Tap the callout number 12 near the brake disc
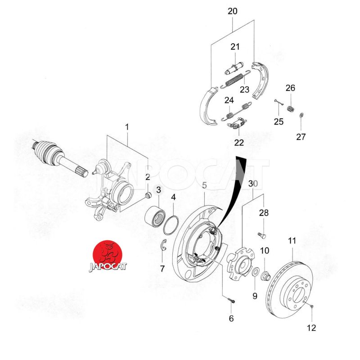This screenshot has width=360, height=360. pos(311,328)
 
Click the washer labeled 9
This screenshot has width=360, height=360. pos(255,272)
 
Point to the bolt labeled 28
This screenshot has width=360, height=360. pos(262,234)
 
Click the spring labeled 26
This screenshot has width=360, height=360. pos(291,108)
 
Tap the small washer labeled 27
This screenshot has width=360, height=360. pos(301,116)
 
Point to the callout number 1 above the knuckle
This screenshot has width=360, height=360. pos(127,127)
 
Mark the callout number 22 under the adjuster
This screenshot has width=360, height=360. pos(238,143)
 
